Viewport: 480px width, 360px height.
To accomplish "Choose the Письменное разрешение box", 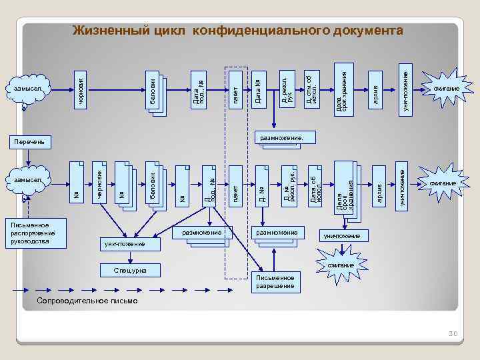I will coord(275,281).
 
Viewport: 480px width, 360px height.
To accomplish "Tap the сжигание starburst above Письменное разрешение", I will coord(341,265).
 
